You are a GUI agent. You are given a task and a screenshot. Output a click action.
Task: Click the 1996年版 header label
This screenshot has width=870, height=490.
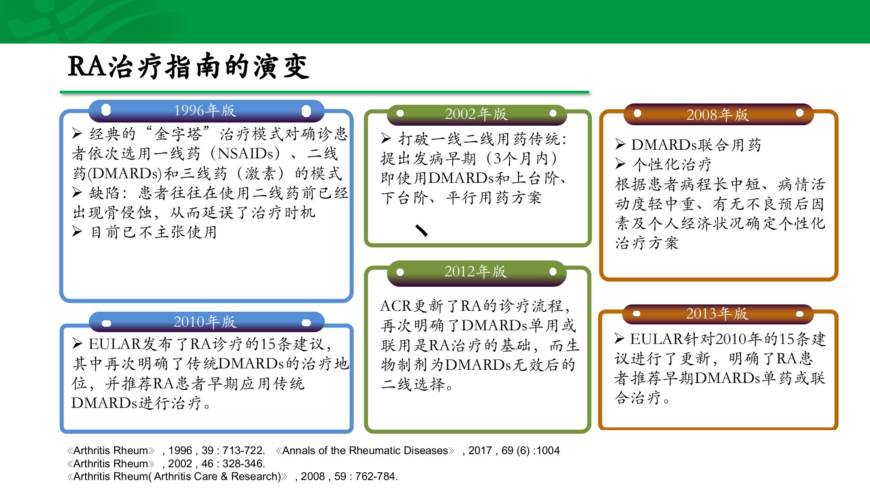coord(205,110)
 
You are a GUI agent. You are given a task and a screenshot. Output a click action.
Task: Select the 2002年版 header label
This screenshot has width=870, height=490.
coord(476,114)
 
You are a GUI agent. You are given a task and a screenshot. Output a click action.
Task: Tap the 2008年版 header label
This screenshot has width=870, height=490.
coord(718,115)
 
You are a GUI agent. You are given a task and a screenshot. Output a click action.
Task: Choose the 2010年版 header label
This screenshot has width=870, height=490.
coord(205,322)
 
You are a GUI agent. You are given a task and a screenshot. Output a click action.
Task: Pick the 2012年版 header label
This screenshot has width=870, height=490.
coord(476,271)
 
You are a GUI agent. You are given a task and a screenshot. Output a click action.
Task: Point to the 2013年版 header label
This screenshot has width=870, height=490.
coord(717,314)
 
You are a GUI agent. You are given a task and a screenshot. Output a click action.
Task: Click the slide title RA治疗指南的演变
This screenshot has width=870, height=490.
coord(188,66)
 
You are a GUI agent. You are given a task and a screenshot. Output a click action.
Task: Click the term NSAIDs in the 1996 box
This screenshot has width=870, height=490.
coord(245,153)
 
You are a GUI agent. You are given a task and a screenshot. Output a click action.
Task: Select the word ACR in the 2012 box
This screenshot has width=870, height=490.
coord(396,306)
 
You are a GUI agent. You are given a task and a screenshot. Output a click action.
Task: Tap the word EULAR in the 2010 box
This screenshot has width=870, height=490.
coord(115,344)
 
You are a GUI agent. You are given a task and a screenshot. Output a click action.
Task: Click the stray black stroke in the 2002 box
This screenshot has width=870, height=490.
coord(421,230)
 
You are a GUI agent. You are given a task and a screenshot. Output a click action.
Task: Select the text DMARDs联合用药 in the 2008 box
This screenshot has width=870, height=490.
coord(696,145)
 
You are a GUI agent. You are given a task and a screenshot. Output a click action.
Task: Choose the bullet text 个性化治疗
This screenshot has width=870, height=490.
coord(672,164)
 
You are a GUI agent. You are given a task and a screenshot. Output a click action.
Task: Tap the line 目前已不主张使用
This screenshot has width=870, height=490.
coord(154,232)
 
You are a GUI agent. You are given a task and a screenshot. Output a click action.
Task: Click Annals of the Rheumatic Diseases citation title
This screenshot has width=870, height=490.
coord(365,451)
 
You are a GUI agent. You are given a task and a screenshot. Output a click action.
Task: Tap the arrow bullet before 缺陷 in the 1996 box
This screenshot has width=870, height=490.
coord(77,193)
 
